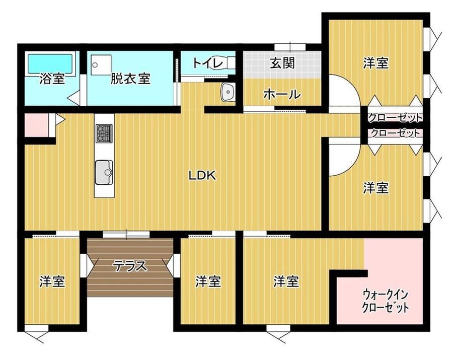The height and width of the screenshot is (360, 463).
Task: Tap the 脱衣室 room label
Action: coord(130,79)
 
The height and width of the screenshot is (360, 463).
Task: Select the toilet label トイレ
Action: coord(207,63)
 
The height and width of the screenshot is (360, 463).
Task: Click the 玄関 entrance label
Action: coord(282,63)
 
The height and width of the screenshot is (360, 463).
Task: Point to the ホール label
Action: coord(282,95)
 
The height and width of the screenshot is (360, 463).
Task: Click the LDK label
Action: coord(202,176)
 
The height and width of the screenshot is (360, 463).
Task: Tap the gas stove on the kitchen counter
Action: coord(104,133)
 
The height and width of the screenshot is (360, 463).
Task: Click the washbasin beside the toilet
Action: coord(227,92)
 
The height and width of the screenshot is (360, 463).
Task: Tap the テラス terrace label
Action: coord(130,266)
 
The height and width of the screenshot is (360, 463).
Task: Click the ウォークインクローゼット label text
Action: coord(385,301)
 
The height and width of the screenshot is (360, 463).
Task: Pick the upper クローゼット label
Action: coord(395,118)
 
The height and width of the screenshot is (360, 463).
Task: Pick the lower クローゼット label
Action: coord(395,133)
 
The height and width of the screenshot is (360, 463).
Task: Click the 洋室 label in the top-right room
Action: coord(375,63)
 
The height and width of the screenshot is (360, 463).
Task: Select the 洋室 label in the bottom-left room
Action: coord(52,281)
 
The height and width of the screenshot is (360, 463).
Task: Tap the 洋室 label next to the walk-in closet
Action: coord(286,281)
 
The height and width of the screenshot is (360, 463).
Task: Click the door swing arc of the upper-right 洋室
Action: coord(353,86)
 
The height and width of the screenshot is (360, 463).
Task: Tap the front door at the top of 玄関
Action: coord(290,47)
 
